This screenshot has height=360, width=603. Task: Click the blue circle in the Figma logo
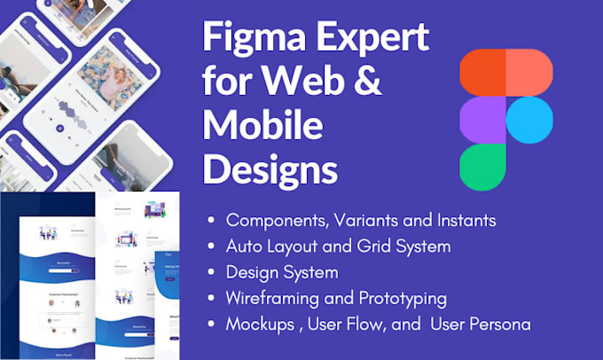530,118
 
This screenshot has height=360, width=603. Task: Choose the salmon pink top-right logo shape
529,72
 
